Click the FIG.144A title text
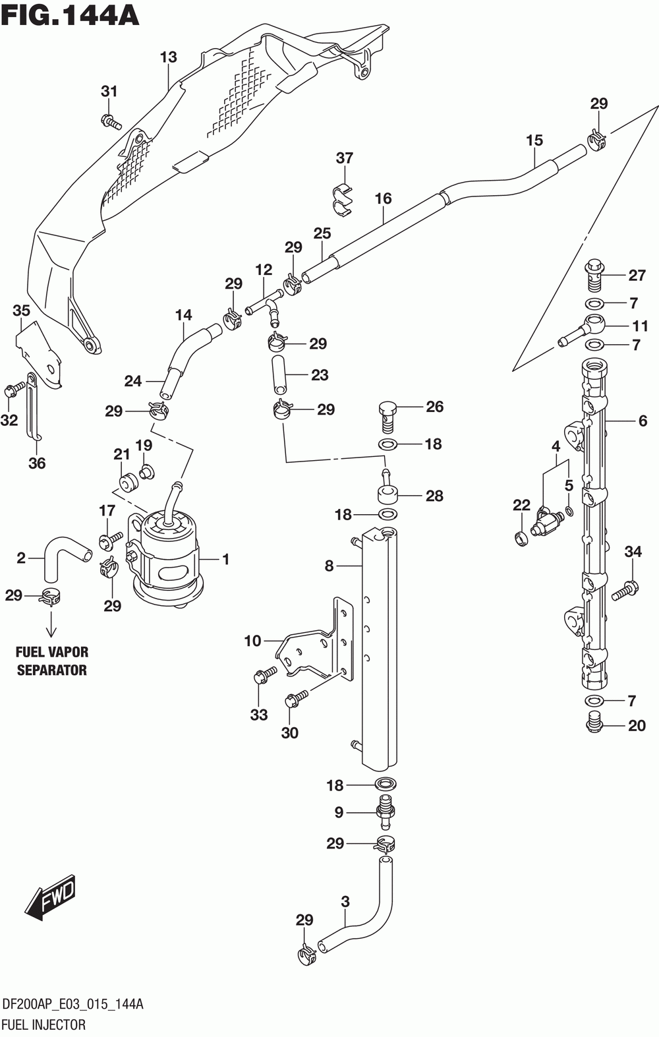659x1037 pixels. point(69,15)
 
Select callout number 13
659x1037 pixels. point(169,57)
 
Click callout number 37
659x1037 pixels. point(344,158)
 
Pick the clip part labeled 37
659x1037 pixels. point(343,200)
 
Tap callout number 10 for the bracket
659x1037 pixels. point(253,641)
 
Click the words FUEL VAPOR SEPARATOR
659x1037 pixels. point(52,661)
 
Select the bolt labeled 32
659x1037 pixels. point(14,390)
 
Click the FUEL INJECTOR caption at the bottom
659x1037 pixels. point(44,1024)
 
